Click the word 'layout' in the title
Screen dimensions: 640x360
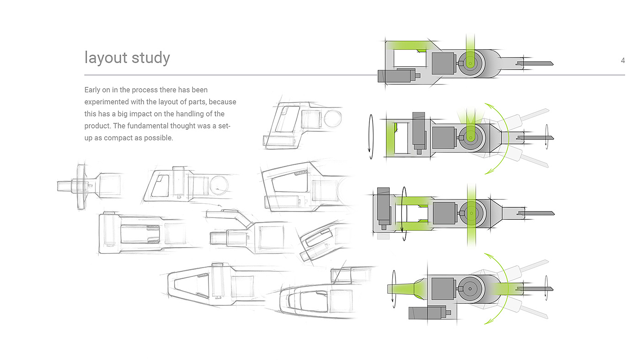(x=106, y=58)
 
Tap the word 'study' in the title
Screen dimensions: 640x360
(x=151, y=58)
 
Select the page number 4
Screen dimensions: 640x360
(x=623, y=60)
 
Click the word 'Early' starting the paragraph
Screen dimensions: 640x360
(x=92, y=90)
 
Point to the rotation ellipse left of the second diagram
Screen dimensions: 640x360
(x=371, y=137)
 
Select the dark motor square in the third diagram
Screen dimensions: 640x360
(x=444, y=213)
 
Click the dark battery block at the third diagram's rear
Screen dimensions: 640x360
(x=384, y=206)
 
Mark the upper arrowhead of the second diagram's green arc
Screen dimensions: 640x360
(x=488, y=106)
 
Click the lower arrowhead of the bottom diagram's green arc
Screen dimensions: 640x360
(x=488, y=321)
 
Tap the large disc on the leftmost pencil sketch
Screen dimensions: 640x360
(x=81, y=187)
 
